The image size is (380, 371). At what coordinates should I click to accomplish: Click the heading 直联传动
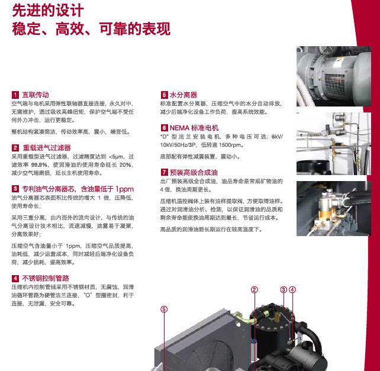(x=36, y=95)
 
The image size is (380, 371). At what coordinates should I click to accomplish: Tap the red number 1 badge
(x=15, y=95)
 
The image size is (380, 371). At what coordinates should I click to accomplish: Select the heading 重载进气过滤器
(x=47, y=147)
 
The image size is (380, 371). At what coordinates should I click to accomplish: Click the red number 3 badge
(x=15, y=189)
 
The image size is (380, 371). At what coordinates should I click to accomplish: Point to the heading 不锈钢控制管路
(x=46, y=278)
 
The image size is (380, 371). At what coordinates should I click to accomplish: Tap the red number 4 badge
(x=15, y=278)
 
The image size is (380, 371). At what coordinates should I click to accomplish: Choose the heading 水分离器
(x=183, y=95)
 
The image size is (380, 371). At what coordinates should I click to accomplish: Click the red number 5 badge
(x=165, y=95)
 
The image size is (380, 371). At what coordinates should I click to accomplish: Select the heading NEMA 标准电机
(x=194, y=128)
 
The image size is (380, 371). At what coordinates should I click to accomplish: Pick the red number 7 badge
(x=165, y=172)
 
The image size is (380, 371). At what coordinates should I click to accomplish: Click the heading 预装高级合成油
(x=194, y=172)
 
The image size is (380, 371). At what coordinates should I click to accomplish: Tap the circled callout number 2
(x=255, y=290)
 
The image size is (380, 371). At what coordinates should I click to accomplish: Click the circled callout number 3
(x=284, y=290)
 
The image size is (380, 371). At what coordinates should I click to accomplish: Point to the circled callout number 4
(x=292, y=290)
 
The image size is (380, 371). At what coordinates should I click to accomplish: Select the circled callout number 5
(x=164, y=309)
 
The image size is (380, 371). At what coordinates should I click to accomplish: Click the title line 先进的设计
(x=48, y=11)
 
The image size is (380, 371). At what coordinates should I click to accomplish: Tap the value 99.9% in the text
(x=39, y=164)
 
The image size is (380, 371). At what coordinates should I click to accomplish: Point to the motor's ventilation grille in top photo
(x=334, y=83)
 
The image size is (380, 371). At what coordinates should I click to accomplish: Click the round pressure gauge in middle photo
(x=324, y=133)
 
